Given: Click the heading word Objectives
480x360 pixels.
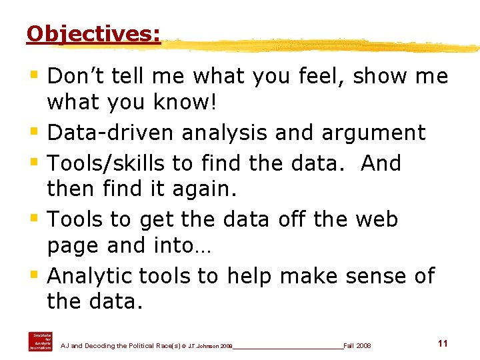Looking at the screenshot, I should (x=93, y=33).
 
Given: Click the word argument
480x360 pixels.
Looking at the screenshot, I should (x=373, y=132).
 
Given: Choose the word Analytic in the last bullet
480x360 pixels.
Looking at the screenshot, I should (x=90, y=276).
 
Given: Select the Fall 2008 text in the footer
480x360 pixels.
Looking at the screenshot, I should (x=357, y=346).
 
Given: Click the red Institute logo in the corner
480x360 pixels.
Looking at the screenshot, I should (x=39, y=341).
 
